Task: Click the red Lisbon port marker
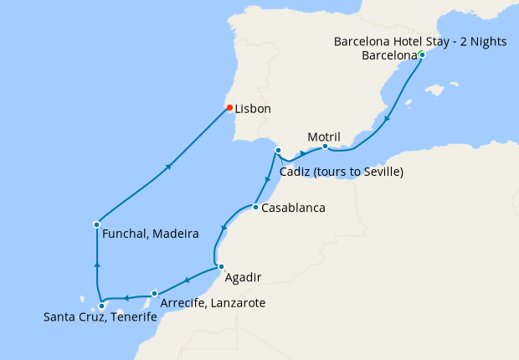click(x=229, y=107)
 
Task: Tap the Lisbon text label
click(x=253, y=109)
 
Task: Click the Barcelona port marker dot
click(x=422, y=55)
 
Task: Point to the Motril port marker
click(x=325, y=147)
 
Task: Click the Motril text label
click(x=323, y=136)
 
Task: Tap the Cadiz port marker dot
click(x=277, y=151)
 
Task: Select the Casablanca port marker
click(x=254, y=207)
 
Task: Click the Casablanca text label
click(x=293, y=208)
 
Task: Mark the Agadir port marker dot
click(x=221, y=267)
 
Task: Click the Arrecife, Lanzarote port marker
click(x=155, y=293)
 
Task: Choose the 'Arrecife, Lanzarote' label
click(x=212, y=303)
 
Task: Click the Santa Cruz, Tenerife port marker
click(x=102, y=306)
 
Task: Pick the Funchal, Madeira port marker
click(x=98, y=224)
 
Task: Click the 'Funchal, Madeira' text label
click(x=150, y=234)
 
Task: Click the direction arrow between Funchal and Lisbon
click(x=169, y=167)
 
